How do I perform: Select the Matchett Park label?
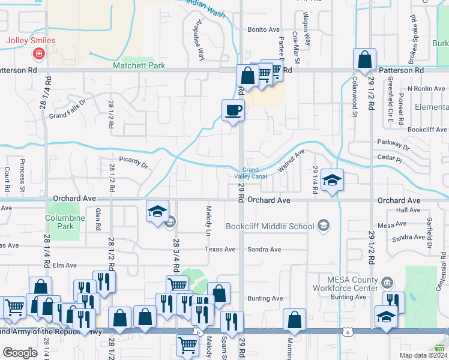pyautogui.click(x=139, y=65)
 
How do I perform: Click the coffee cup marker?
pyautogui.click(x=234, y=110)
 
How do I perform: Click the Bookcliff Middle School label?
pyautogui.click(x=270, y=226)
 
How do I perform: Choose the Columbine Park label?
pyautogui.click(x=61, y=223)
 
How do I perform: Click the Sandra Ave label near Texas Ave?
pyautogui.click(x=264, y=250)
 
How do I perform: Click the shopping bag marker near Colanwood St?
pyautogui.click(x=364, y=60)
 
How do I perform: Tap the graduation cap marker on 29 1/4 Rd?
pyautogui.click(x=331, y=181)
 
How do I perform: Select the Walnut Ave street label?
pyautogui.click(x=292, y=161)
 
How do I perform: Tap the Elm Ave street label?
pyautogui.click(x=65, y=265)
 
